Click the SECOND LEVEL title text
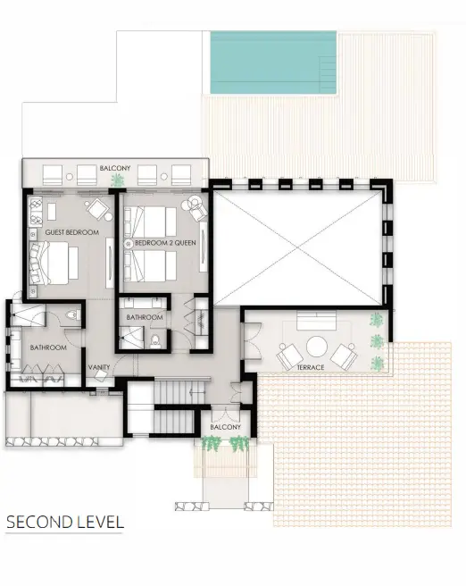click(x=64, y=522)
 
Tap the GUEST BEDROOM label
click(x=72, y=232)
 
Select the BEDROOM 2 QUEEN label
click(x=165, y=243)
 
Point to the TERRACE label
click(x=311, y=368)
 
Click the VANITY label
click(x=99, y=367)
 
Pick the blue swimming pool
click(x=273, y=63)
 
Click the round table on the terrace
click(x=317, y=347)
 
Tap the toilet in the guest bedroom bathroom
click(x=73, y=314)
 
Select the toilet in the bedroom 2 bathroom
click(x=155, y=341)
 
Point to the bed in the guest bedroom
click(x=54, y=264)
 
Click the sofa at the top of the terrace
click(x=316, y=321)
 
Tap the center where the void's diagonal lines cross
click(x=297, y=247)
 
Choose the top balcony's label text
click(x=115, y=168)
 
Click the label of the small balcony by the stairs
click(x=225, y=427)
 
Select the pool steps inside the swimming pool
click(x=329, y=75)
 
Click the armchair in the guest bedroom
click(x=97, y=208)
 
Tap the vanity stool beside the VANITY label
click(x=101, y=376)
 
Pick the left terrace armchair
click(x=290, y=356)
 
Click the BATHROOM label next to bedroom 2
click(x=145, y=317)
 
